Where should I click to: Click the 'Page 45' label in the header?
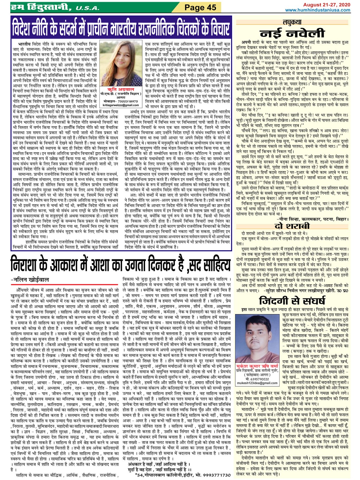tap(200, 7)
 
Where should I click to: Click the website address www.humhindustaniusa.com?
tap(321, 10)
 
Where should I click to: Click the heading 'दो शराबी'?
tap(292, 226)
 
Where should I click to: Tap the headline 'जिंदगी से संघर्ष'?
tap(292, 300)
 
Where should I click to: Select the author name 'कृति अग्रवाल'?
tap(117, 90)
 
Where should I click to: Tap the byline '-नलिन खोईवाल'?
tap(30, 279)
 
